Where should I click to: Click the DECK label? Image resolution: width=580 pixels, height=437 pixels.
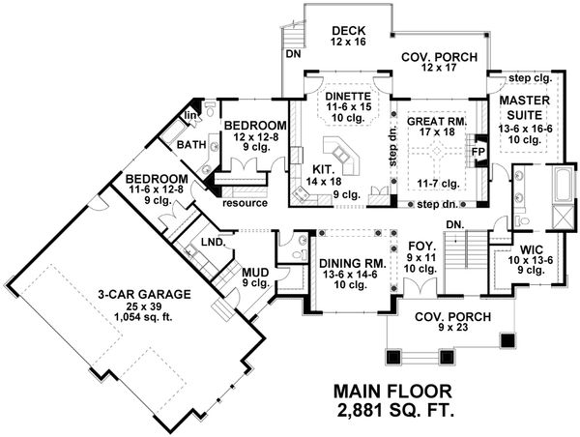pyautogui.click(x=346, y=30)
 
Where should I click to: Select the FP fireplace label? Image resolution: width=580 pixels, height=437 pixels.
pyautogui.click(x=477, y=153)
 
